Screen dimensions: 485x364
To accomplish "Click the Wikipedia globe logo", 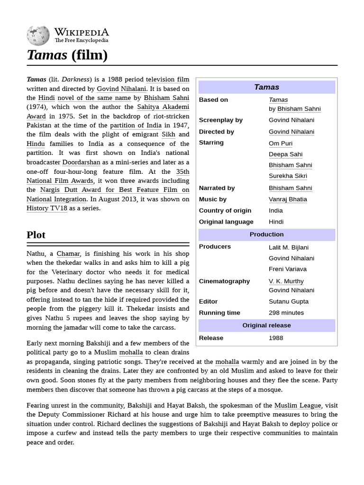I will [38, 35].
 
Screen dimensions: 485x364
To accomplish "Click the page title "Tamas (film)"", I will [67, 55].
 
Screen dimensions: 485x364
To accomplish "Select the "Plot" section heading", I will [36, 235].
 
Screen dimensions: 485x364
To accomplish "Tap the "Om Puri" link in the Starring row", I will [281, 143].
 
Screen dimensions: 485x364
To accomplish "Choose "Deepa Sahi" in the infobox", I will [285, 154].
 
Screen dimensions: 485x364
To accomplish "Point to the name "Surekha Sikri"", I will [287, 176].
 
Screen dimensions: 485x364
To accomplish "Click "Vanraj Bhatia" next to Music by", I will [288, 199].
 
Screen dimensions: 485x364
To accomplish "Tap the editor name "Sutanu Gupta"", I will [288, 301].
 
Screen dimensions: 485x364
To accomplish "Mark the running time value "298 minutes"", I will [286, 313].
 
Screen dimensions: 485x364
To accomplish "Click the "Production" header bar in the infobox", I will [266, 234].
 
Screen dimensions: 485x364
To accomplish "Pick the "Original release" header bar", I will [266, 325].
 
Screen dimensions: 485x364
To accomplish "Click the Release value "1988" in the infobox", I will [276, 338].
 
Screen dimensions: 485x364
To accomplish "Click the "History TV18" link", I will [47, 208].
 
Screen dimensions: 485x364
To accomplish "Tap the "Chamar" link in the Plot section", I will [69, 254].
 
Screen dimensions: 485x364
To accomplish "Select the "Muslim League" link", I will [298, 405].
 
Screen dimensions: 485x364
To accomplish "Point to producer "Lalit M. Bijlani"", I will [288, 247].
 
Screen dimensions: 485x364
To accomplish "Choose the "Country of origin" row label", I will [225, 210].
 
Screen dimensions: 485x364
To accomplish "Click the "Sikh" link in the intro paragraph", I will [168, 135].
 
